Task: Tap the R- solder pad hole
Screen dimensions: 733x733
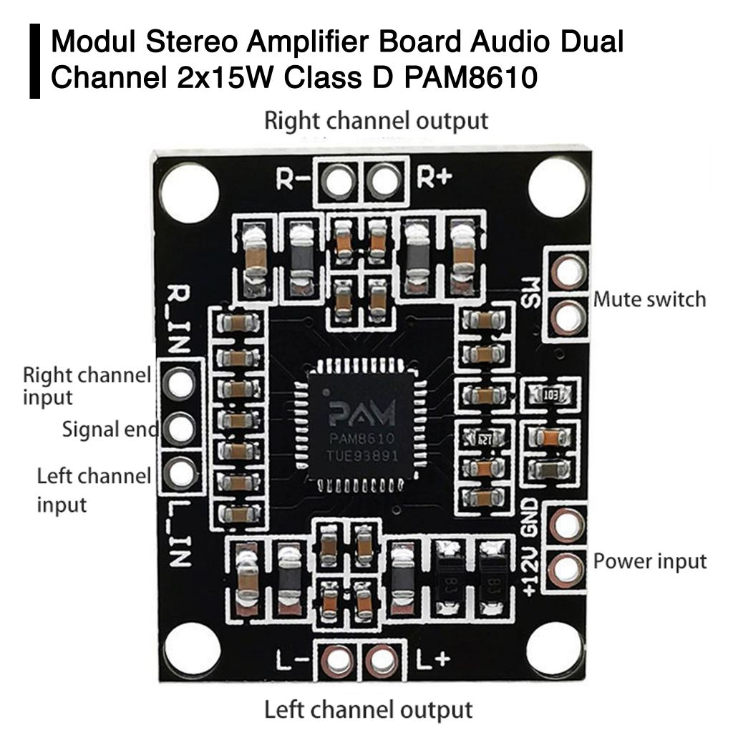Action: [x=337, y=180]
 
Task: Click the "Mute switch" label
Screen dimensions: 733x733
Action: [x=649, y=299]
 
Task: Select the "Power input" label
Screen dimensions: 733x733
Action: [x=650, y=561]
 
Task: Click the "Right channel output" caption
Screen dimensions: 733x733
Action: [x=376, y=120]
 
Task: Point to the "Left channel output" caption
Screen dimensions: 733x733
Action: [x=369, y=710]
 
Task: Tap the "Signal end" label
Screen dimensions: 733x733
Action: [x=110, y=429]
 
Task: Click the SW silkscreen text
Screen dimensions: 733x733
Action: [x=531, y=294]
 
